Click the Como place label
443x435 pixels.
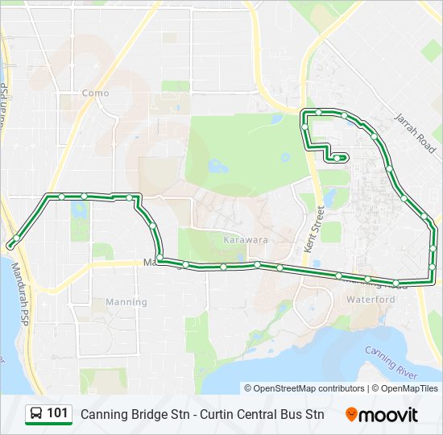(95, 93)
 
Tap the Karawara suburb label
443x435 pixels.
(246, 240)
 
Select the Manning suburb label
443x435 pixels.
(126, 302)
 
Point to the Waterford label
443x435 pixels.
(371, 299)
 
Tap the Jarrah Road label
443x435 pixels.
(414, 129)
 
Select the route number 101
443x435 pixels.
(57, 413)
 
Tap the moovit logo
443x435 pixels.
(382, 415)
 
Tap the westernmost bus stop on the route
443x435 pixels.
(10, 243)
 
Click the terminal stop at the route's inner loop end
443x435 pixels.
(337, 158)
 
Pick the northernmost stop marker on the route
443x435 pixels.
(319, 112)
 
